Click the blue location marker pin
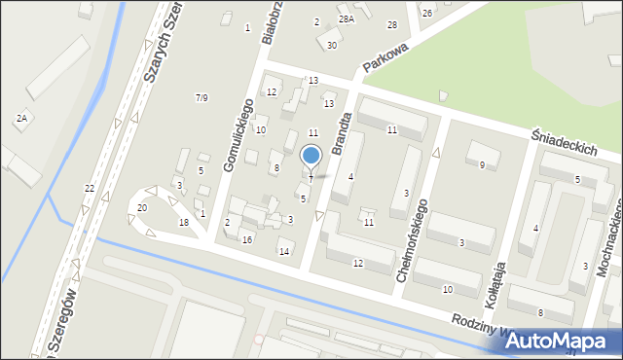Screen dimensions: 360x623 tap(311, 156)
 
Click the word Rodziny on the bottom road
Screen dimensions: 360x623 tap(476, 321)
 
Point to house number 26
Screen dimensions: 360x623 tap(427, 13)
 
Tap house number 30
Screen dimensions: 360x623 tap(332, 46)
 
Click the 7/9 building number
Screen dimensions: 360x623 tap(202, 97)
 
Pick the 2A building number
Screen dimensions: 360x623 tap(20, 118)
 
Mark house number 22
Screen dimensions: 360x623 tap(90, 188)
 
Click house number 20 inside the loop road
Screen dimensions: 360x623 tap(142, 208)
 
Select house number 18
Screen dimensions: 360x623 tap(184, 223)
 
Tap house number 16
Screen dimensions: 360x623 tap(247, 240)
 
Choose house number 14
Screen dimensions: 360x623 tap(284, 252)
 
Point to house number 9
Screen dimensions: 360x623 tap(482, 165)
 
